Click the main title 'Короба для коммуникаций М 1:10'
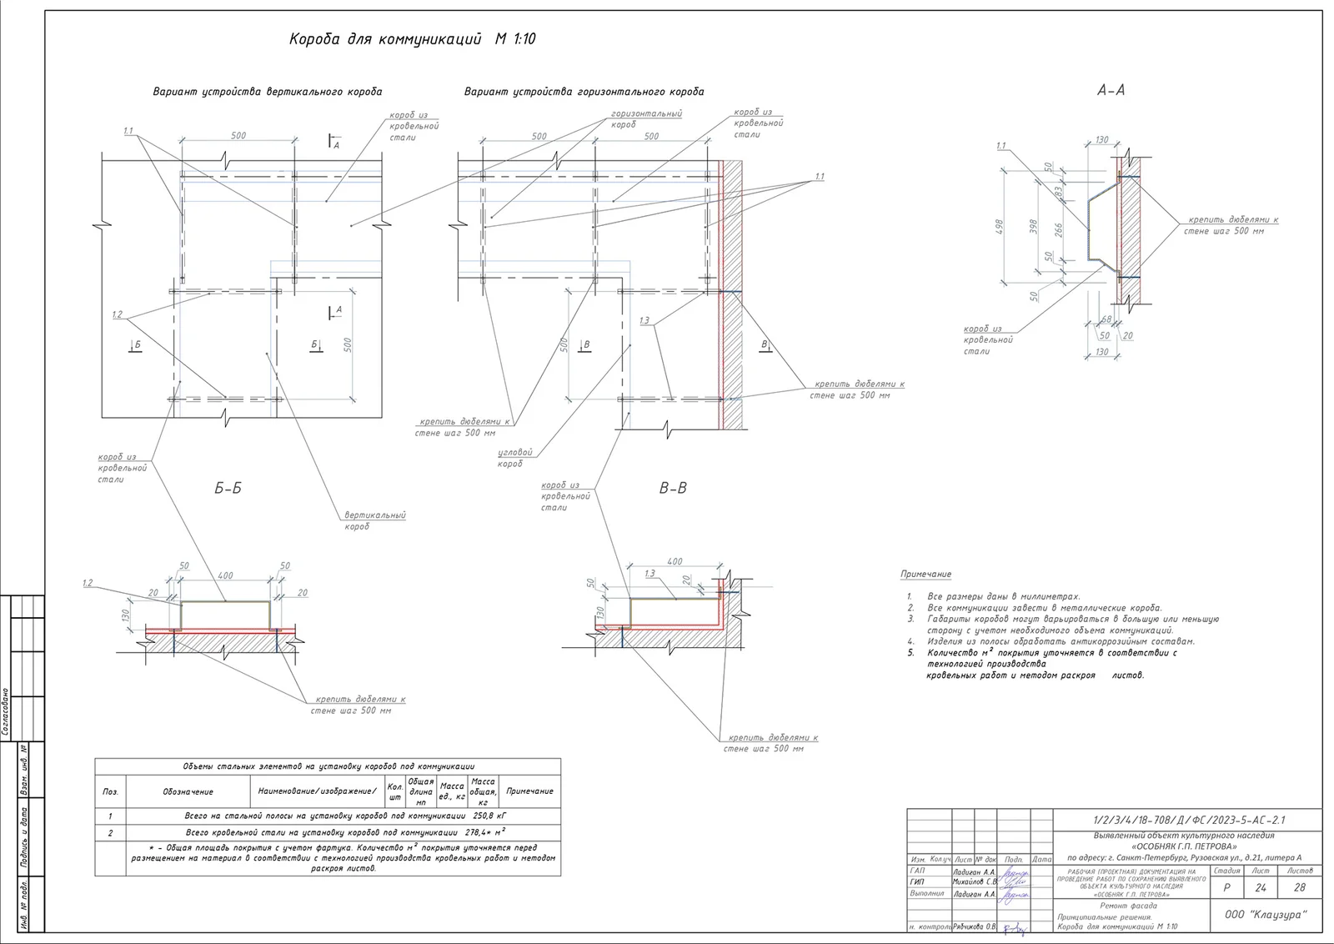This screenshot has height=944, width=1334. [412, 39]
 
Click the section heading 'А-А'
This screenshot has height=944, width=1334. [1110, 90]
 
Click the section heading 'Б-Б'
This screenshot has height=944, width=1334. [228, 489]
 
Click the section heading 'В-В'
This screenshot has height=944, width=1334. [673, 489]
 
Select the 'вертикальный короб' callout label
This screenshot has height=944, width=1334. [375, 520]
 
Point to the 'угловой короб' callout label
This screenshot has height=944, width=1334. [514, 457]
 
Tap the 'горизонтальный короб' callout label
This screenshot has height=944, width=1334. [645, 118]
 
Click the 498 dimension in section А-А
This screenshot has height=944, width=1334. [1000, 227]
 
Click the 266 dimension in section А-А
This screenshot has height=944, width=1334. [1059, 229]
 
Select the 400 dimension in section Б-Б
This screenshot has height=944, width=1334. [225, 575]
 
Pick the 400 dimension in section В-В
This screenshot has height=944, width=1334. [675, 561]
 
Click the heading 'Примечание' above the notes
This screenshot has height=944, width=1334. [925, 575]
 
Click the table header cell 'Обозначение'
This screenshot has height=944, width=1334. [188, 791]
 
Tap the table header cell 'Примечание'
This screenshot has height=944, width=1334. [529, 791]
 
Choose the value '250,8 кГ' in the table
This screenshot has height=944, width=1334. [489, 816]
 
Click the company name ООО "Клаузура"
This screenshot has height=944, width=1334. [1266, 915]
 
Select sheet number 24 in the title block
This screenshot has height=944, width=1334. [1260, 887]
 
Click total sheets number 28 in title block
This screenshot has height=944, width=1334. [1299, 887]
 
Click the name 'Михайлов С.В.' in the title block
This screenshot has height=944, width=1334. [974, 881]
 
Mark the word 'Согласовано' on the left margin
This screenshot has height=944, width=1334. [6, 711]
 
